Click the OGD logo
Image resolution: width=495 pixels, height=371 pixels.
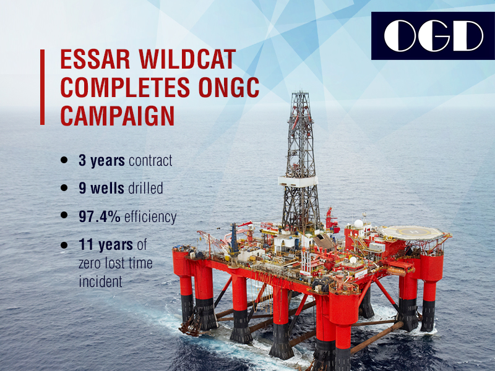pos(433,36)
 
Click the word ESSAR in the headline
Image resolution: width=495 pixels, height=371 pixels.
pos(95,59)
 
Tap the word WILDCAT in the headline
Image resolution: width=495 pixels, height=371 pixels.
pos(187,59)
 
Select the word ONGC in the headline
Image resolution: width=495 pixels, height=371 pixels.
pos(228,87)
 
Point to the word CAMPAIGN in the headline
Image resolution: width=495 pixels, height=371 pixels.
pos(118,116)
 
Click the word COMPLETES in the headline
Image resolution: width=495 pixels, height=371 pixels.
pos(125,87)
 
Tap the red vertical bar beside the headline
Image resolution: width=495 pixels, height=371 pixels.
pos(42,87)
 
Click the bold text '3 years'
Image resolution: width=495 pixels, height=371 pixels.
pos(101,161)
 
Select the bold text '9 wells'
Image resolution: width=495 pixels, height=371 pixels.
pos(101,189)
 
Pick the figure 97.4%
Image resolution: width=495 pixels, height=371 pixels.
pos(100,216)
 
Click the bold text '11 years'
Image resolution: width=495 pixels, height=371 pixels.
pos(106,245)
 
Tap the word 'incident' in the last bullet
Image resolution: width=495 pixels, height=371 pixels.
pos(100,281)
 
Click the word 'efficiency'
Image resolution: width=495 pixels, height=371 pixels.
pos(150,217)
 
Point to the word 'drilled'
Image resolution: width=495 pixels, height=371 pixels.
pos(145,189)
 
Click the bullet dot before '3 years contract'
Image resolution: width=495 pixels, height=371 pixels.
pos(64,160)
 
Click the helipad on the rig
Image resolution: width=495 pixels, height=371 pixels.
pos(412,233)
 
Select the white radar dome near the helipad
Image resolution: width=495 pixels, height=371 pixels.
pos(358,224)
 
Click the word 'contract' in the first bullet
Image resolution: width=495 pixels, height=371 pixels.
pos(150,161)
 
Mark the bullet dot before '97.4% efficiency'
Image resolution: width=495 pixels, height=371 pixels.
pos(64,215)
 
